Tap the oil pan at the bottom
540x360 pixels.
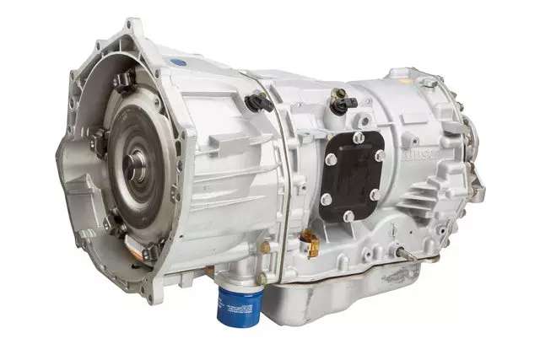tap(354, 291)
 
